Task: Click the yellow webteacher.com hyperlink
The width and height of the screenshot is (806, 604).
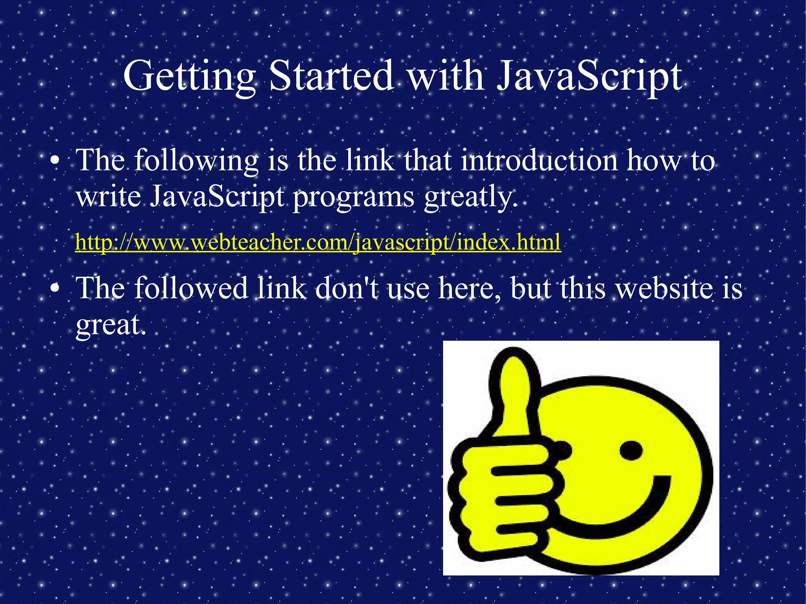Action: tap(318, 242)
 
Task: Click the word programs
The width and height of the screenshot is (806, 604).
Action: tap(353, 198)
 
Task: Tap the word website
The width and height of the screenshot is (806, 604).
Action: tap(664, 288)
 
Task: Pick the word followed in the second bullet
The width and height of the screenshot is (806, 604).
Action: tap(191, 288)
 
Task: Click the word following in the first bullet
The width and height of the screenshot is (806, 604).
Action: tap(196, 161)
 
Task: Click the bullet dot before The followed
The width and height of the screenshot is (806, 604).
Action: tap(55, 288)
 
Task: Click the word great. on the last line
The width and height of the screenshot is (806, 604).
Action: tap(111, 325)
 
